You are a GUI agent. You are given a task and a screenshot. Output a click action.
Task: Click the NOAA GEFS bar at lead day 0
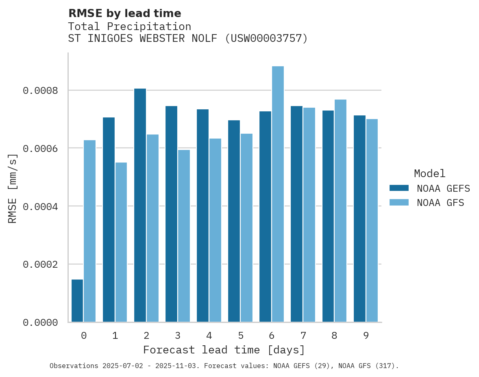77,301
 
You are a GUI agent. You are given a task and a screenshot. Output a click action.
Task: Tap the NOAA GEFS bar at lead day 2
140,205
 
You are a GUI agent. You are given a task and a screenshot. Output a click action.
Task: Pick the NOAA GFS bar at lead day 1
121,242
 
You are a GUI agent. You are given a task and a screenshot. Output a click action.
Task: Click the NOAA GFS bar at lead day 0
89,231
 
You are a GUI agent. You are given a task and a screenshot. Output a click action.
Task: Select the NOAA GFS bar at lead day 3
184,236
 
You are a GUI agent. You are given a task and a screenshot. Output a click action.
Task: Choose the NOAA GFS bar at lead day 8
340,211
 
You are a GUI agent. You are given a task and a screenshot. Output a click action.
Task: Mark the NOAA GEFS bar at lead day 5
234,221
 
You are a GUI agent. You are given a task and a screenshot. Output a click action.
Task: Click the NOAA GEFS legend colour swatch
399,188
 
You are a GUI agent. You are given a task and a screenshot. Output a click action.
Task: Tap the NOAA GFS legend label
440,203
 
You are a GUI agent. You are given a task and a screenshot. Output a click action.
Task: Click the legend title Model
429,173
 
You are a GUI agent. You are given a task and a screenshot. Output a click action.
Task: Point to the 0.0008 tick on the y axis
40,90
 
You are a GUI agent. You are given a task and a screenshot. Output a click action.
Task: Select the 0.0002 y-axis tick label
40,264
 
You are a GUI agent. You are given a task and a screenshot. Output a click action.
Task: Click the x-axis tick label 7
303,336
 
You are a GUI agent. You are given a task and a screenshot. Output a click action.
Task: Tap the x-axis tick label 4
209,336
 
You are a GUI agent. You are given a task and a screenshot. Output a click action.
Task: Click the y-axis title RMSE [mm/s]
13,188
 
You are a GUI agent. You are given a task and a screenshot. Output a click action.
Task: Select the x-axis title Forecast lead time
224,350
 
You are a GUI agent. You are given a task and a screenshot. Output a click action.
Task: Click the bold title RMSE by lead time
124,13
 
